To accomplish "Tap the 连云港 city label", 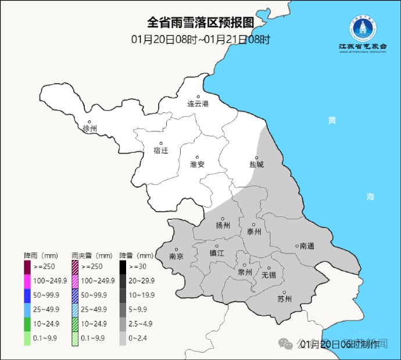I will pyautogui.click(x=198, y=104).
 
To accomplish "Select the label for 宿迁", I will pyautogui.click(x=160, y=151).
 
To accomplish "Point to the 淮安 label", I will pyautogui.click(x=198, y=165).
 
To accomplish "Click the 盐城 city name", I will pyautogui.click(x=256, y=165).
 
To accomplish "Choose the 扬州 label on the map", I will pyautogui.click(x=223, y=226).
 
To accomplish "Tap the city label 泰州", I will pyautogui.click(x=254, y=231).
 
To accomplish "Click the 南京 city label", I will pyautogui.click(x=176, y=256).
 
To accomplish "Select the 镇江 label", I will pyautogui.click(x=217, y=252).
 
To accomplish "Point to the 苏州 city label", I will pyautogui.click(x=284, y=300).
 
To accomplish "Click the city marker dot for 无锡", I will pyautogui.click(x=268, y=268).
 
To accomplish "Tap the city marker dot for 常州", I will pyautogui.click(x=244, y=265).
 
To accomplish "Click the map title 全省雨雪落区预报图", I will pyautogui.click(x=201, y=23).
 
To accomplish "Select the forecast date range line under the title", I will pyautogui.click(x=201, y=40).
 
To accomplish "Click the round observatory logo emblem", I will pyautogui.click(x=363, y=27).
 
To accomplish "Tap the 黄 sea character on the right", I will pyautogui.click(x=331, y=120).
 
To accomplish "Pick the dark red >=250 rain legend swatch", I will pyautogui.click(x=27, y=267).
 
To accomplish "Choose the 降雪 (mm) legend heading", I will pyautogui.click(x=136, y=255).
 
